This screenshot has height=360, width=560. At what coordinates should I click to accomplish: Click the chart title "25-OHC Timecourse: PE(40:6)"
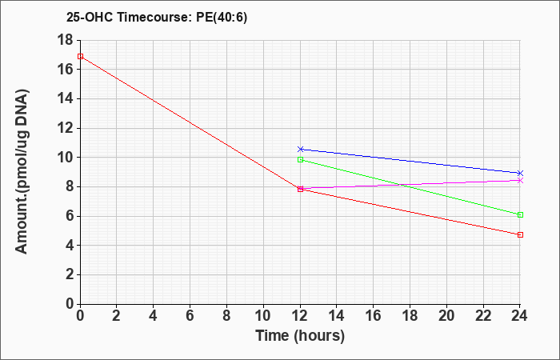pyautogui.click(x=157, y=18)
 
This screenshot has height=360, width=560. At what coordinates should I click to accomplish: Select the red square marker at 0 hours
pyautogui.click(x=80, y=57)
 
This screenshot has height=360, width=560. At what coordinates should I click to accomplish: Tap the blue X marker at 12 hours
pyautogui.click(x=300, y=149)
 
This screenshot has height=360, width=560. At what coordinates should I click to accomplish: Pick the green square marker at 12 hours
pyautogui.click(x=300, y=160)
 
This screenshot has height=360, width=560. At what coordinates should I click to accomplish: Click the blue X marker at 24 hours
pyautogui.click(x=520, y=173)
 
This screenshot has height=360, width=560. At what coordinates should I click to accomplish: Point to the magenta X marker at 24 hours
pyautogui.click(x=520, y=180)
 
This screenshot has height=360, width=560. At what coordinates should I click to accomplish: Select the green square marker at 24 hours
pyautogui.click(x=520, y=214)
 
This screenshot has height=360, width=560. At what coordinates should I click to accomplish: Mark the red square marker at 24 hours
pyautogui.click(x=520, y=234)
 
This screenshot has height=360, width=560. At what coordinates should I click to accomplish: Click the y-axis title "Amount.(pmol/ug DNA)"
pyautogui.click(x=22, y=172)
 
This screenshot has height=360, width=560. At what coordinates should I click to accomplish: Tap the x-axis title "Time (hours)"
pyautogui.click(x=300, y=336)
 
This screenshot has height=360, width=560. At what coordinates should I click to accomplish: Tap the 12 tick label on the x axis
pyautogui.click(x=300, y=316)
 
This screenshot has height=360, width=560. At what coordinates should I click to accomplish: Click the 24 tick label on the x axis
pyautogui.click(x=519, y=316)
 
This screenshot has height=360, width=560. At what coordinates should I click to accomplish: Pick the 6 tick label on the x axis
pyautogui.click(x=190, y=316)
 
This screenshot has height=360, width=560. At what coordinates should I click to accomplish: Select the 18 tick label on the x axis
pyautogui.click(x=410, y=316)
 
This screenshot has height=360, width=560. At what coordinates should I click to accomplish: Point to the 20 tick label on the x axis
pyautogui.click(x=446, y=316)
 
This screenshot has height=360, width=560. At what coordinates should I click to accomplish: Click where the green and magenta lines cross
pyautogui.click(x=403, y=185)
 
